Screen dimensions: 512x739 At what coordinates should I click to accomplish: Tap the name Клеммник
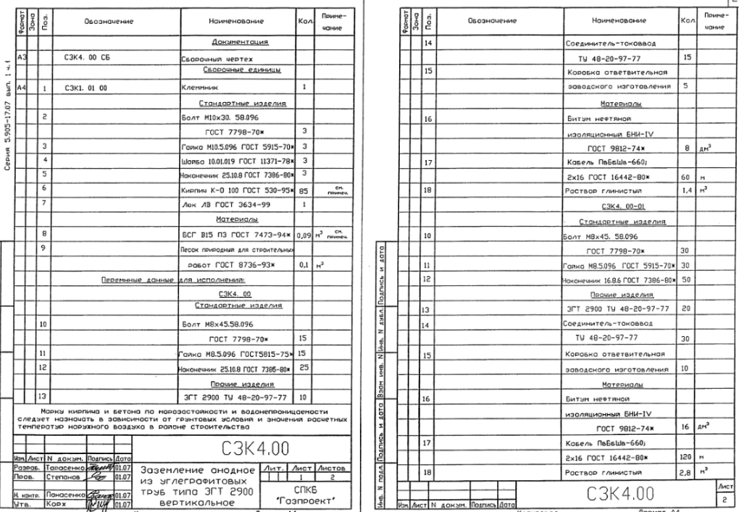(x=196, y=88)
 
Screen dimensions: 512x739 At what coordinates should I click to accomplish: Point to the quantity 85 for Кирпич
(x=305, y=190)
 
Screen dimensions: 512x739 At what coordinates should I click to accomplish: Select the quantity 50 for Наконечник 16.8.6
(x=685, y=279)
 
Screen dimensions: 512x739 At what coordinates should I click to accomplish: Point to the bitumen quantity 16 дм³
(x=685, y=428)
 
